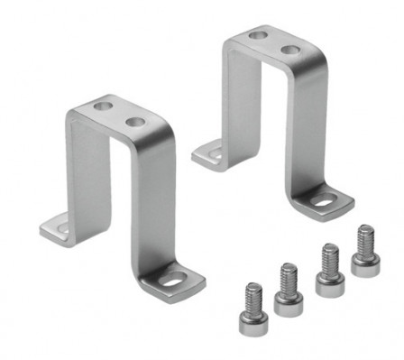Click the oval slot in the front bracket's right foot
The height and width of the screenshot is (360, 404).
(171, 283)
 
